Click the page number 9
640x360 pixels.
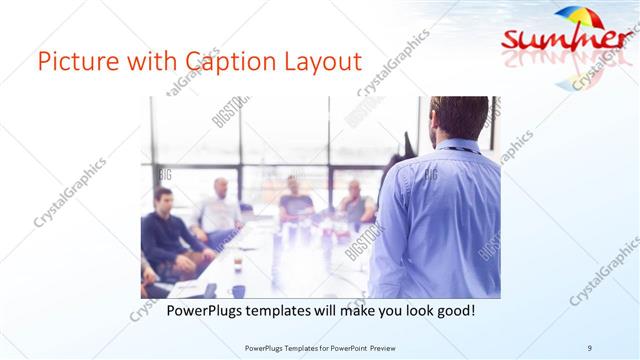tap(589, 347)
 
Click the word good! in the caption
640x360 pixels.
tap(453, 311)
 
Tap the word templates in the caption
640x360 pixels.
tap(289, 311)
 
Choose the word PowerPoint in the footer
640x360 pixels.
tap(346, 347)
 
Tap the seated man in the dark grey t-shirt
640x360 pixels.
tap(295, 200)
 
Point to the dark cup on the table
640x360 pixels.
tap(238, 291)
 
